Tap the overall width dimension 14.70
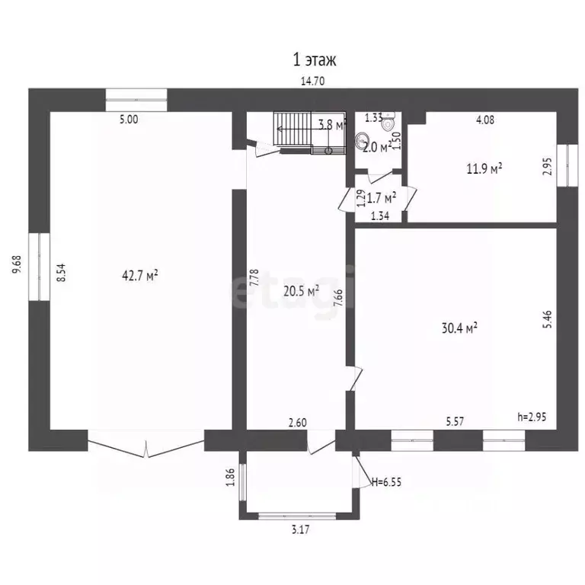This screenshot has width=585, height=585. [x=313, y=82]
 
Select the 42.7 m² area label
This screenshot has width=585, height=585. [x=140, y=275]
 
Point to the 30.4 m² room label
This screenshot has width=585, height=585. [x=459, y=328]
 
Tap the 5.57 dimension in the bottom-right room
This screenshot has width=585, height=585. [x=456, y=419]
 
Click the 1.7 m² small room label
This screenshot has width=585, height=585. [x=381, y=198]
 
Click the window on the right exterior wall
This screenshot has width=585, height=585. [x=565, y=164]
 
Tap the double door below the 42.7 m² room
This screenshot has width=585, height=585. [x=145, y=445]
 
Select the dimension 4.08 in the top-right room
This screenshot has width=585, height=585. [x=485, y=119]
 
